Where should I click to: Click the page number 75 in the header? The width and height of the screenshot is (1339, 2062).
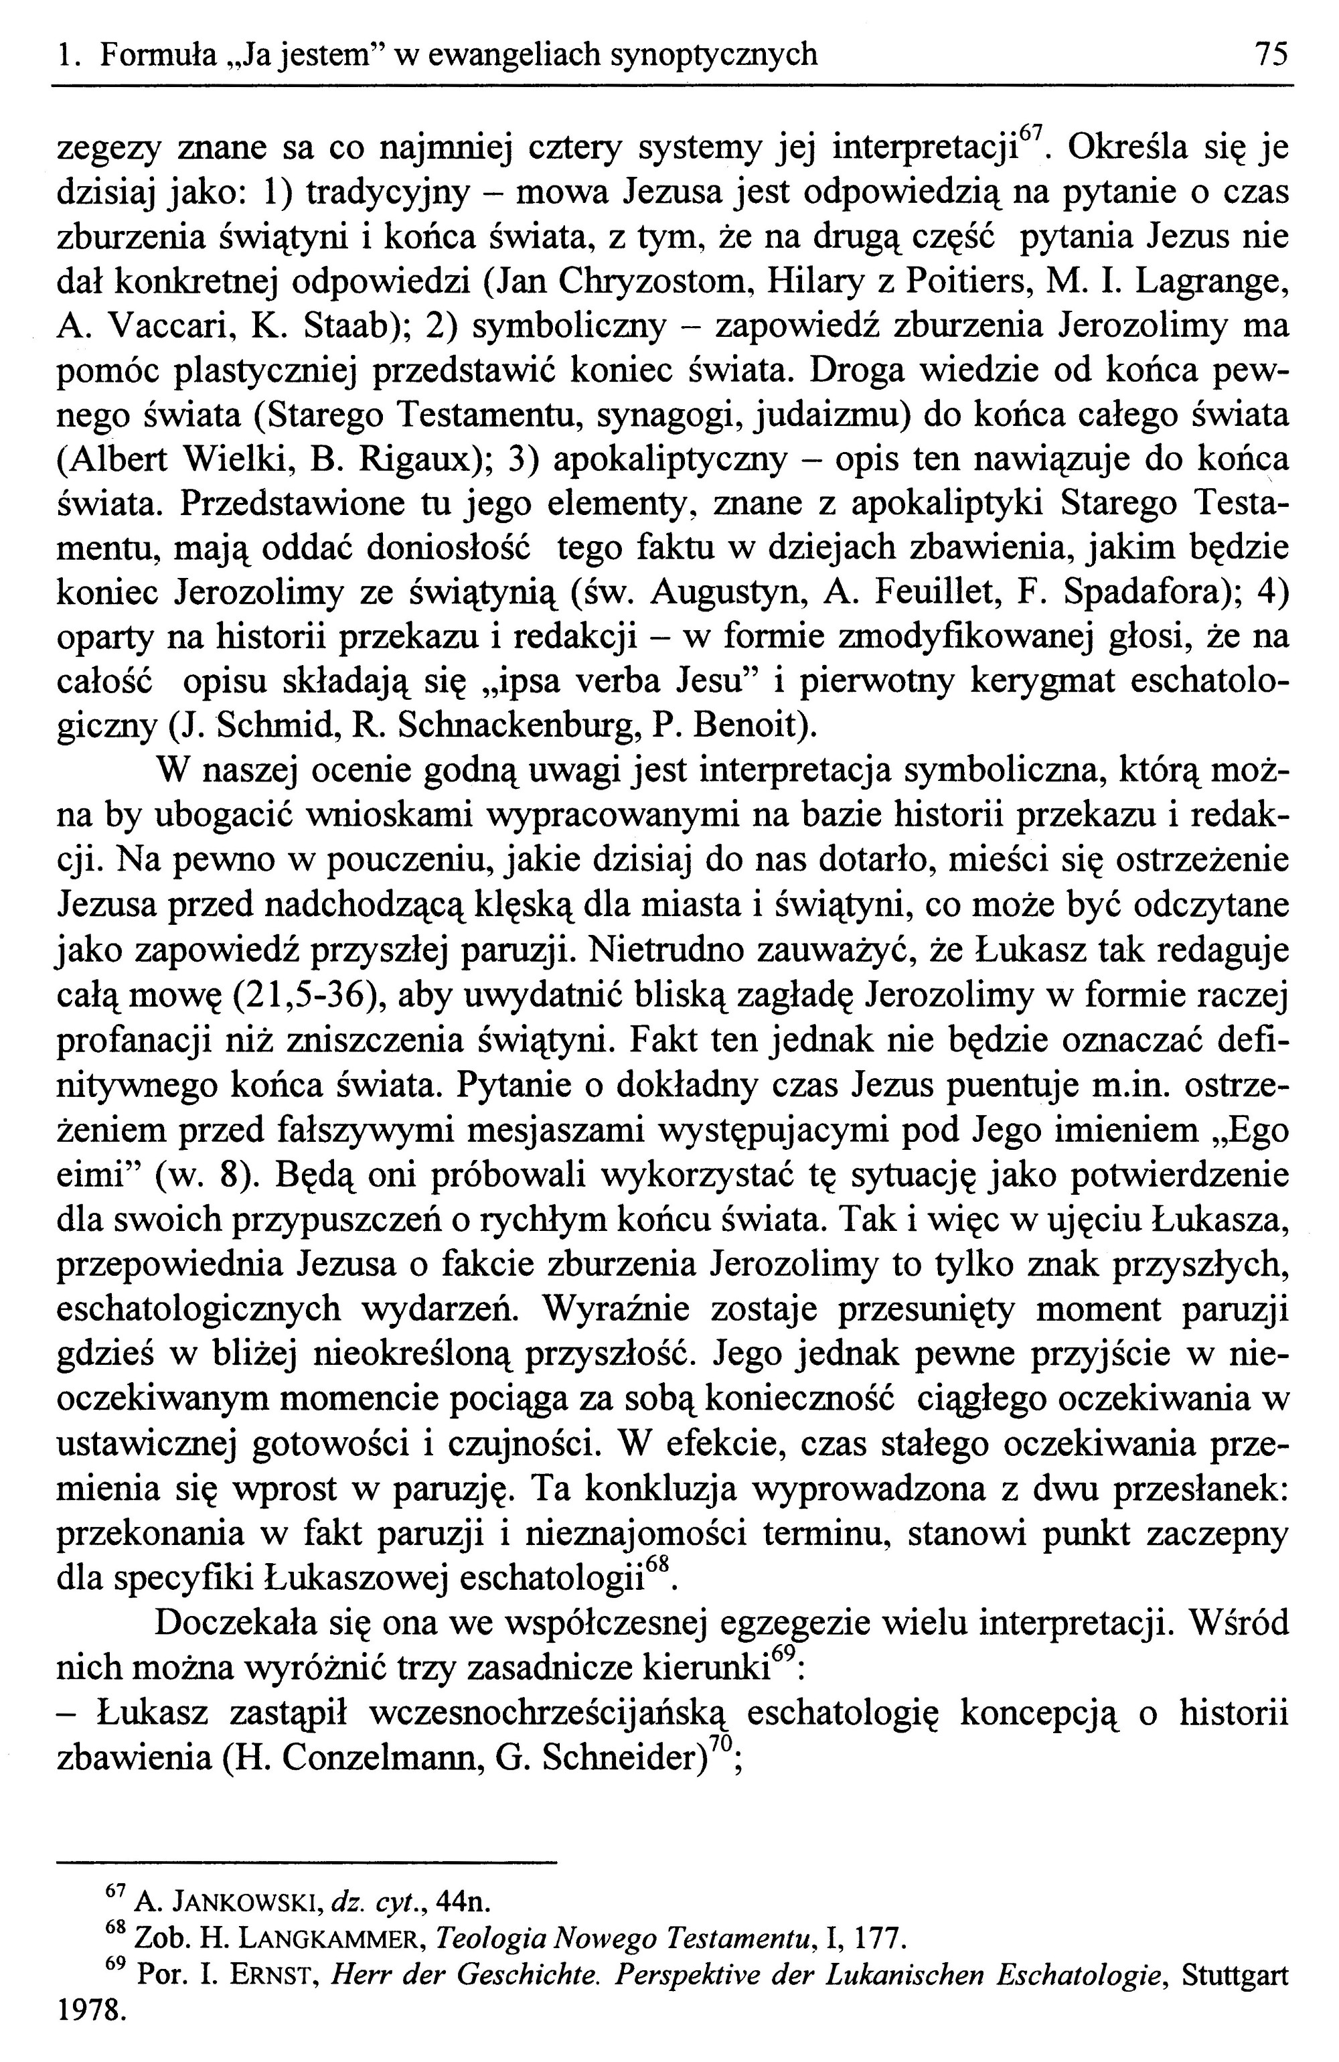pyautogui.click(x=1271, y=56)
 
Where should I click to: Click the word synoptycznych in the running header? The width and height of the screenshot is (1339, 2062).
pyautogui.click(x=714, y=56)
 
